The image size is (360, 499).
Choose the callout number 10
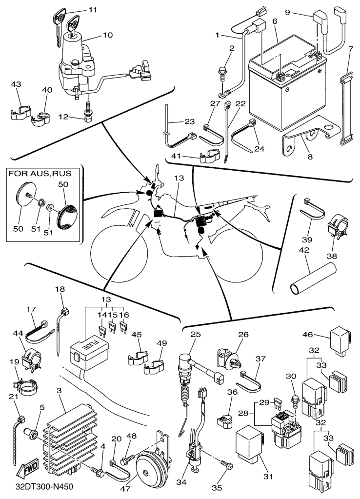(107, 35)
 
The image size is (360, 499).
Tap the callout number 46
(320, 335)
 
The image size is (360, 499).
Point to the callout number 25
(195, 334)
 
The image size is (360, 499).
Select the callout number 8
(310, 158)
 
